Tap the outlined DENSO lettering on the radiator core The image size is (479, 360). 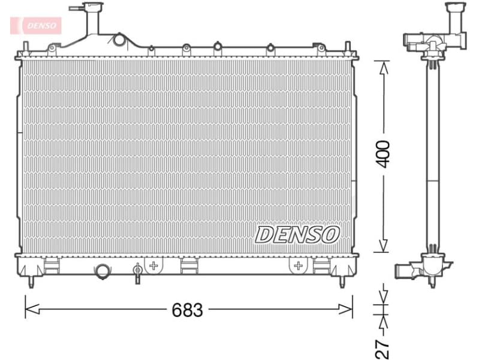pos(298,234)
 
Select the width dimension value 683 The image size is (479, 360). pos(188,310)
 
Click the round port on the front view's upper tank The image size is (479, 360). pos(119,40)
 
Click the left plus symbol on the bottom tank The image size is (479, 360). pos(153,265)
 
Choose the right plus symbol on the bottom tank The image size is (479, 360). pos(298,265)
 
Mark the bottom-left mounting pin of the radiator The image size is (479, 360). pos(31,281)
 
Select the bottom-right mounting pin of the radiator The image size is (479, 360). pos(343,281)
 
